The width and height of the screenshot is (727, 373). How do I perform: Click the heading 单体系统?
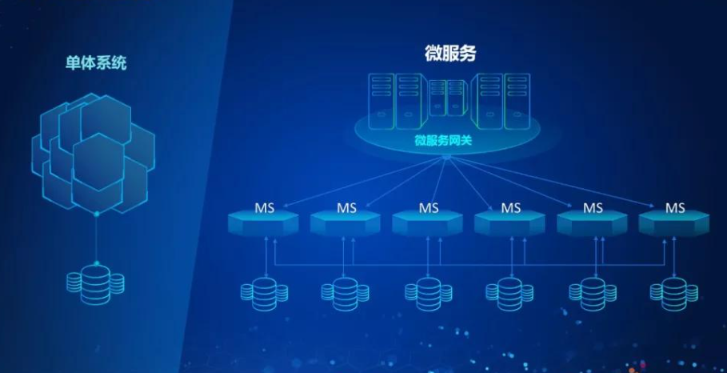pyautogui.click(x=96, y=63)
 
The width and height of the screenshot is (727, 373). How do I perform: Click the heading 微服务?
pyautogui.click(x=450, y=54)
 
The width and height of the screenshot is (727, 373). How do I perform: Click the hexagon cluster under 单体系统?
pyautogui.click(x=92, y=152)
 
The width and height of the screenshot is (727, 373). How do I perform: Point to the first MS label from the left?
pyautogui.click(x=265, y=208)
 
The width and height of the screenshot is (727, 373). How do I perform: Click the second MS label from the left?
pyautogui.click(x=346, y=208)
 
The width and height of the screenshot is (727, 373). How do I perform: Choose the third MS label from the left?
pyautogui.click(x=429, y=208)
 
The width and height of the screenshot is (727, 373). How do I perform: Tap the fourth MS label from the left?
pyautogui.click(x=510, y=208)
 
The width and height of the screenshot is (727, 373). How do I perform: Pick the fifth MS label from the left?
pyautogui.click(x=593, y=208)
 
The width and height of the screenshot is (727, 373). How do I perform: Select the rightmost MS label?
pyautogui.click(x=675, y=208)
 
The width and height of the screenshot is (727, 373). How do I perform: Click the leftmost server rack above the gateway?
pyautogui.click(x=381, y=100)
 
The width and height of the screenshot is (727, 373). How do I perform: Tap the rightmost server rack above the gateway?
pyautogui.click(x=516, y=100)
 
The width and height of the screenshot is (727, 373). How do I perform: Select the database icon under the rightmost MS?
pyautogui.click(x=675, y=293)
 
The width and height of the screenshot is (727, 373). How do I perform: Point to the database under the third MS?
pyautogui.click(x=429, y=293)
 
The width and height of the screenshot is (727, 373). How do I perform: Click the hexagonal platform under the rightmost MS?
pyautogui.click(x=675, y=223)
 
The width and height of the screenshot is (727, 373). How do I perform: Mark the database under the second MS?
pyautogui.click(x=346, y=293)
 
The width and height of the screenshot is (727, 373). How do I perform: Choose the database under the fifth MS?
pyautogui.click(x=593, y=293)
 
